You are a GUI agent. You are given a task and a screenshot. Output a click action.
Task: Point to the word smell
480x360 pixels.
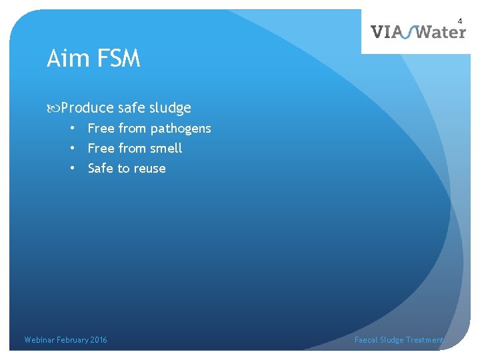166,148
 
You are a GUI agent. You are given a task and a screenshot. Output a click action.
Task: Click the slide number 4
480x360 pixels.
459,22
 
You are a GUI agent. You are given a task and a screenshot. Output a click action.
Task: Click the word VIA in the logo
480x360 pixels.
385,31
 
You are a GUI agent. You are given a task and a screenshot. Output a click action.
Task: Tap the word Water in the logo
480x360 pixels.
441,31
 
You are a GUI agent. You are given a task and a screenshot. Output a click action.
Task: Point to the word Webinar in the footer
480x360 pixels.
39,340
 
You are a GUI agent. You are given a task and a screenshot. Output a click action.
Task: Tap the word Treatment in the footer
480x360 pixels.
425,340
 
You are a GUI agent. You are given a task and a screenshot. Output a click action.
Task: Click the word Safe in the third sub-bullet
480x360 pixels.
101,169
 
